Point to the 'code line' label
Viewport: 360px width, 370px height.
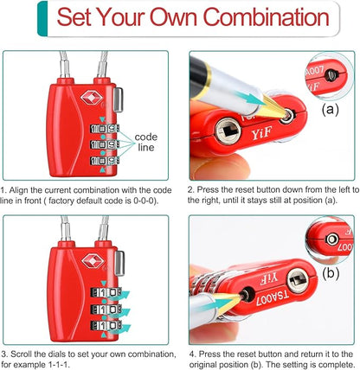pyautogui.click(x=146, y=142)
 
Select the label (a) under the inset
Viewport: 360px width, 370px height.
pyautogui.click(x=330, y=110)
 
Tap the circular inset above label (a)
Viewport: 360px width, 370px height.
pyautogui.click(x=329, y=74)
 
